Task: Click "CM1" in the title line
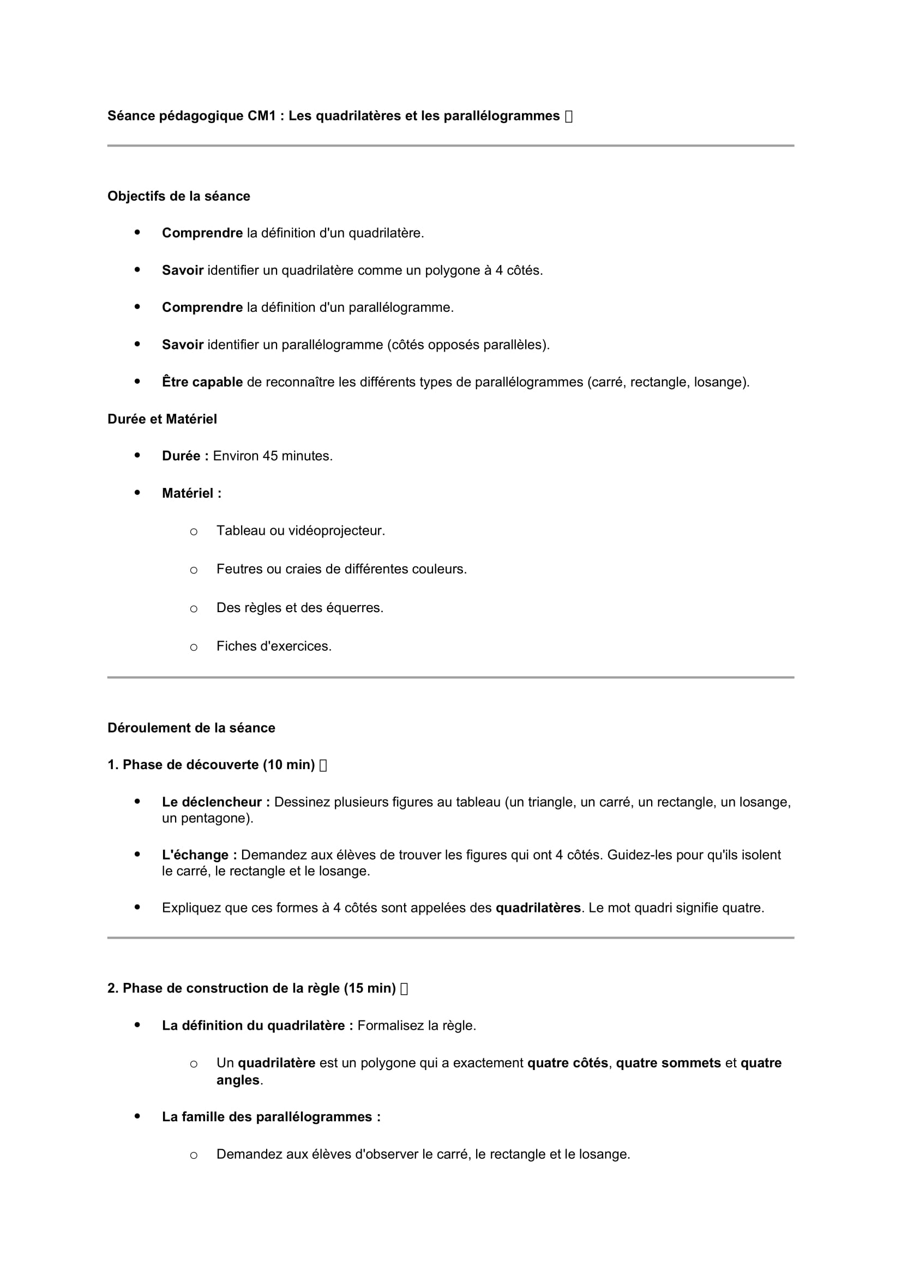pos(262,116)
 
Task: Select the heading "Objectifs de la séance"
pos(178,196)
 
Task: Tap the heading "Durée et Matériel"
pos(161,419)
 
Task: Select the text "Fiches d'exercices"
pos(273,646)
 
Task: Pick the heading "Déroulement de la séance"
pos(191,728)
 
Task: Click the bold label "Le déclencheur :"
pos(215,802)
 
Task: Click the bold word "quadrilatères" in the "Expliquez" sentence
pos(538,908)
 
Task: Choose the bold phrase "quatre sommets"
pos(668,1063)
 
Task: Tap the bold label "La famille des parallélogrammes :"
pos(271,1117)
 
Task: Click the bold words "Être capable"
pos(202,382)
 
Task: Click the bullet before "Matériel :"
pos(137,493)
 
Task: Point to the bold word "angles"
pos(238,1080)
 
